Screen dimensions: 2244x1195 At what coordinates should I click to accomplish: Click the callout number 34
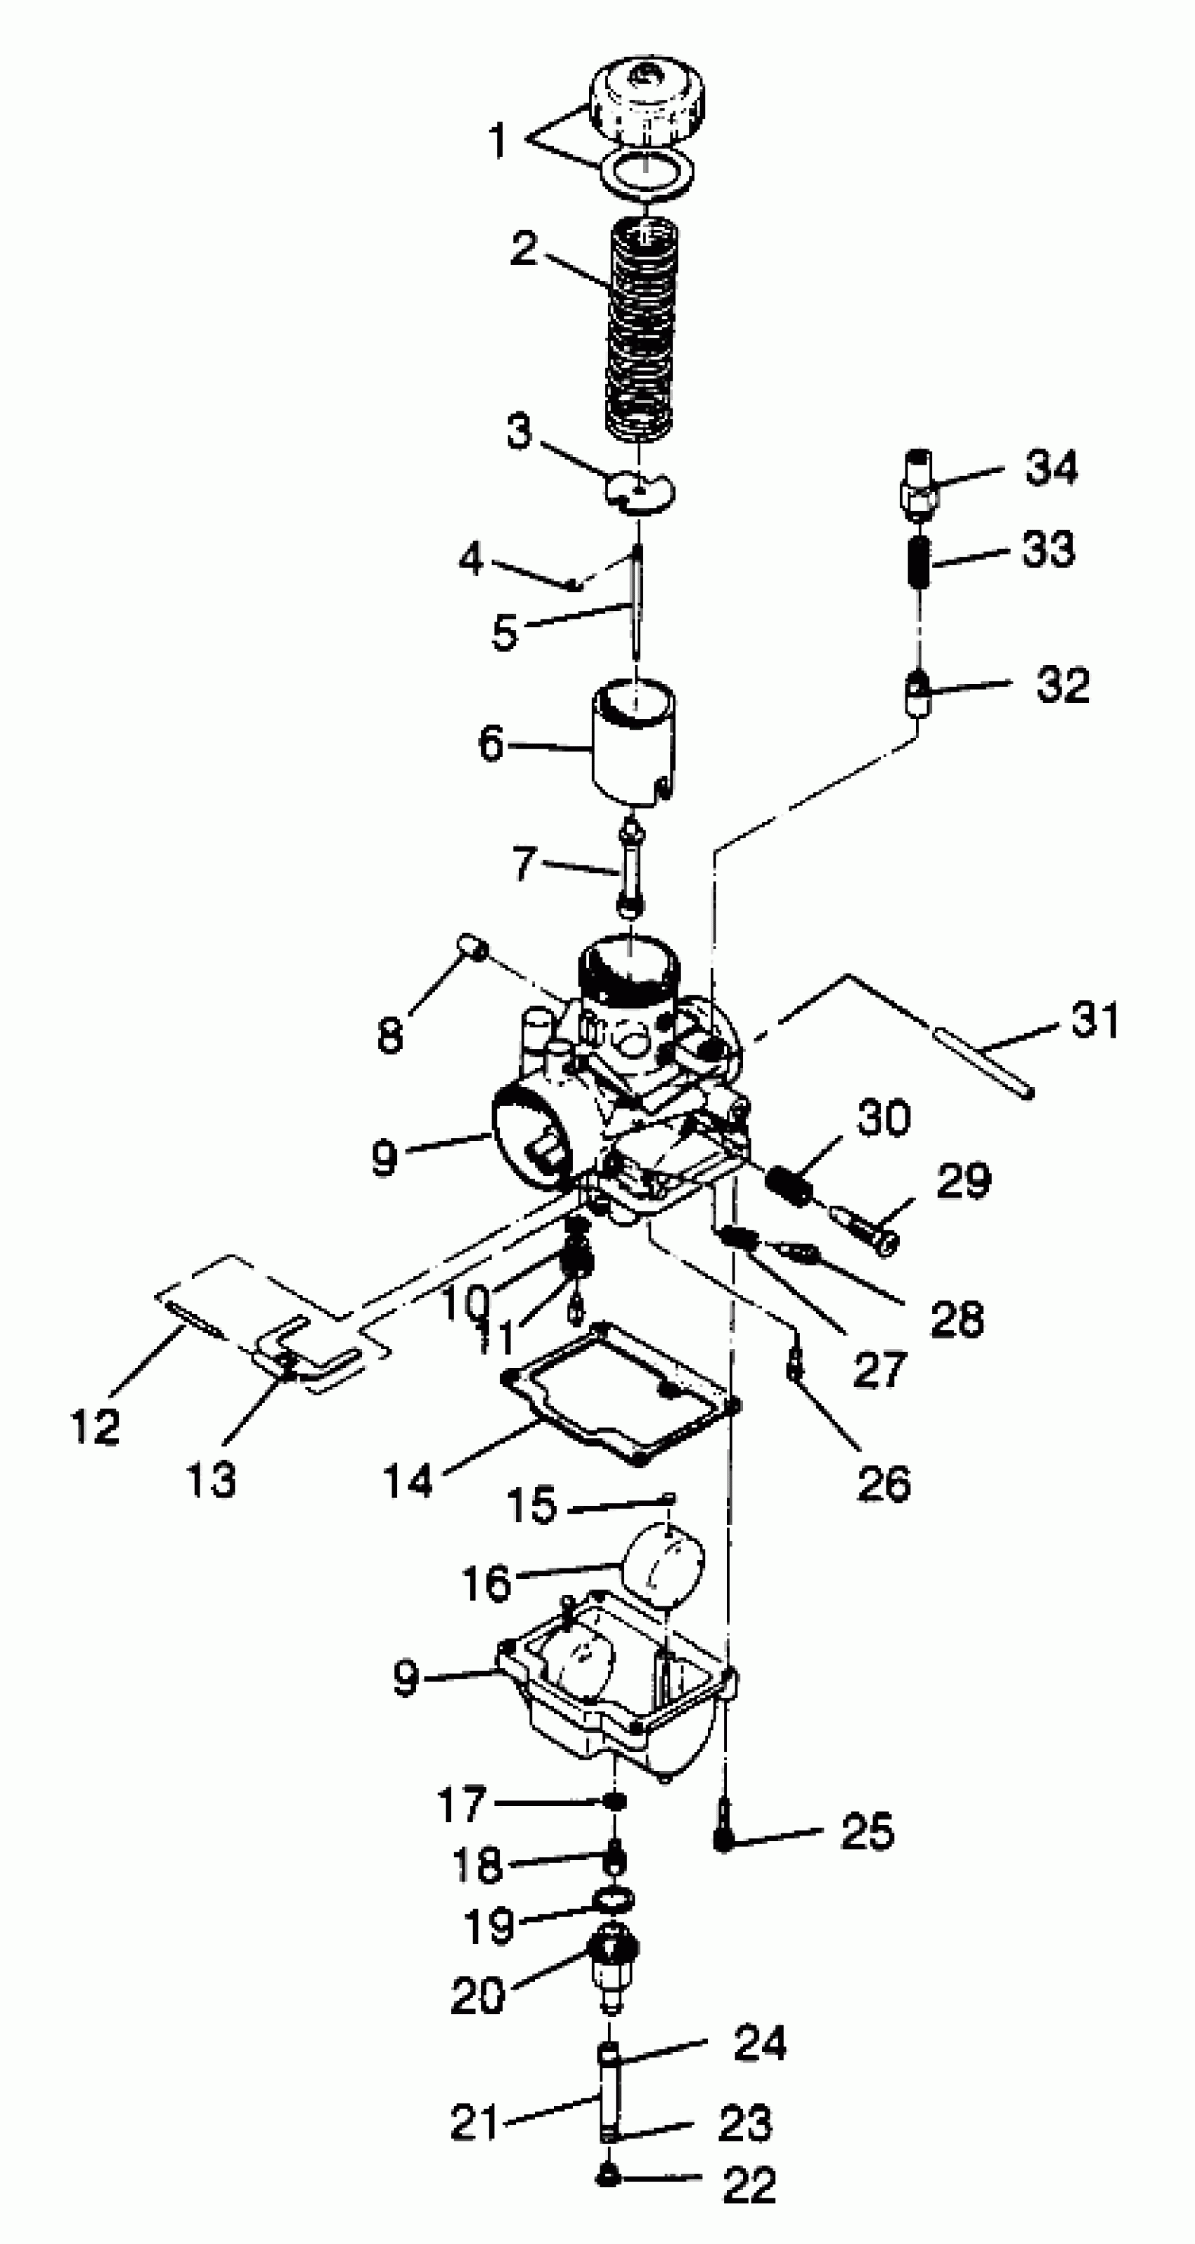[x=1052, y=467]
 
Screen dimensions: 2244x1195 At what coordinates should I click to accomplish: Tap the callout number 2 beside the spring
[x=524, y=248]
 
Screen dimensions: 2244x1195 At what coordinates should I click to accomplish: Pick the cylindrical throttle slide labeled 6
[x=633, y=746]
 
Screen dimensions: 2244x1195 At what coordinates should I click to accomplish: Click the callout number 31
[x=1094, y=1019]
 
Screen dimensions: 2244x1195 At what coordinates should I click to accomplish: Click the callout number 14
[x=408, y=1480]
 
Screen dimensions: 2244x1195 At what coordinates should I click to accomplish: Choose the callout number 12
[x=94, y=1426]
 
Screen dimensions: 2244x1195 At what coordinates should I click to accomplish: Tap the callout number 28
[x=956, y=1319]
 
